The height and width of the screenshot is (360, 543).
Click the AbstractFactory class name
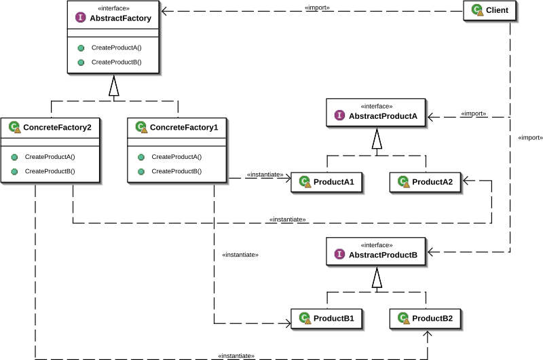(120, 18)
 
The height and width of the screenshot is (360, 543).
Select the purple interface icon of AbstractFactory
(81, 18)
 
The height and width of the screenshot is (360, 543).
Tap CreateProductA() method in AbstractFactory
(116, 48)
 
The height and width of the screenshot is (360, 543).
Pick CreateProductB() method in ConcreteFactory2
(50, 171)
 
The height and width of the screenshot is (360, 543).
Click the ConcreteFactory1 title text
(184, 127)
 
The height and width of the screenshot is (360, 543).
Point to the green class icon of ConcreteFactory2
(14, 126)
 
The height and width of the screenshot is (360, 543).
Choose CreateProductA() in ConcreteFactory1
(176, 157)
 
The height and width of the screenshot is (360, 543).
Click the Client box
(490, 11)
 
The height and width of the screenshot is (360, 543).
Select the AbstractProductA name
(383, 116)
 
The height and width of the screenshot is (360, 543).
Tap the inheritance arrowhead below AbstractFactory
(114, 86)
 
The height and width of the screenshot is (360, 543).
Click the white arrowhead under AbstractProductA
(377, 139)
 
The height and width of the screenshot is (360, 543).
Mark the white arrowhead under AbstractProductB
(377, 278)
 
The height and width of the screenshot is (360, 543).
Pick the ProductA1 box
(327, 182)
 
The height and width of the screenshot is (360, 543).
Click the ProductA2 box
(426, 182)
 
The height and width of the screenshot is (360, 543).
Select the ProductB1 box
(327, 318)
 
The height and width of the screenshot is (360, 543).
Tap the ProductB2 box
(426, 318)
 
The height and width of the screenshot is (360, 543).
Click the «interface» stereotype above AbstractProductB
(377, 245)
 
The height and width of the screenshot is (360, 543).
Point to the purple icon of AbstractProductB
(340, 255)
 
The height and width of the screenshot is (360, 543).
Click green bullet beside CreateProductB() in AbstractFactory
(81, 62)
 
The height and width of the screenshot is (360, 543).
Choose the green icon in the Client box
(477, 10)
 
